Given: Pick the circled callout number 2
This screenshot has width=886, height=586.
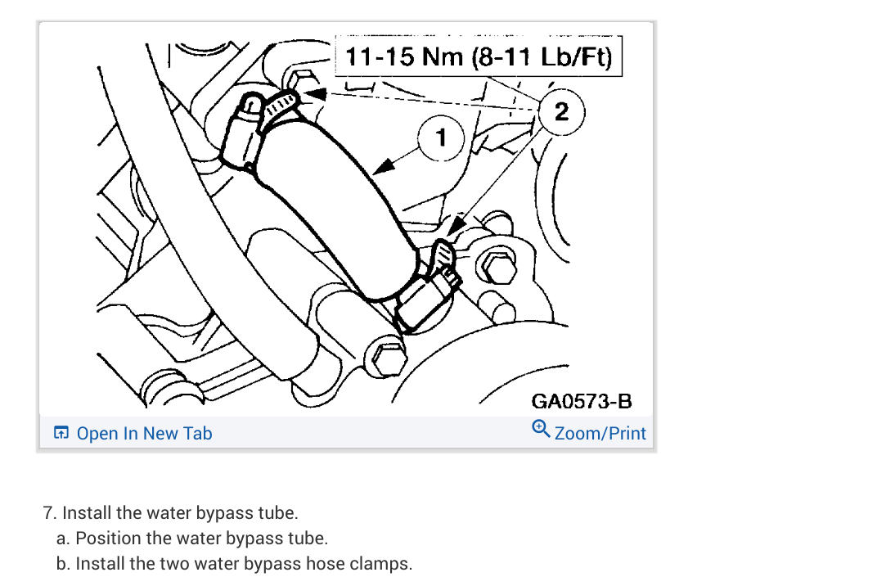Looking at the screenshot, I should pos(561,111).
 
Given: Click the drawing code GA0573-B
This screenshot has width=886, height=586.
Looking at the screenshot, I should pos(582,401).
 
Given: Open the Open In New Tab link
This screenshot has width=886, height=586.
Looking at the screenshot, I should pos(144,433).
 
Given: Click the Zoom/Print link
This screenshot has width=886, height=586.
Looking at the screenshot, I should pos(600,433).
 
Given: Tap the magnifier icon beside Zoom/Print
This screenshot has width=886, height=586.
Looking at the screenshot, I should pos(541,430).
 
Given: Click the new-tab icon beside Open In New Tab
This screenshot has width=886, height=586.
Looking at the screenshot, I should pos(61,433).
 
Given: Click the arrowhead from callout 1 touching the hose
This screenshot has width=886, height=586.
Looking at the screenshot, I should pos(378,169).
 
